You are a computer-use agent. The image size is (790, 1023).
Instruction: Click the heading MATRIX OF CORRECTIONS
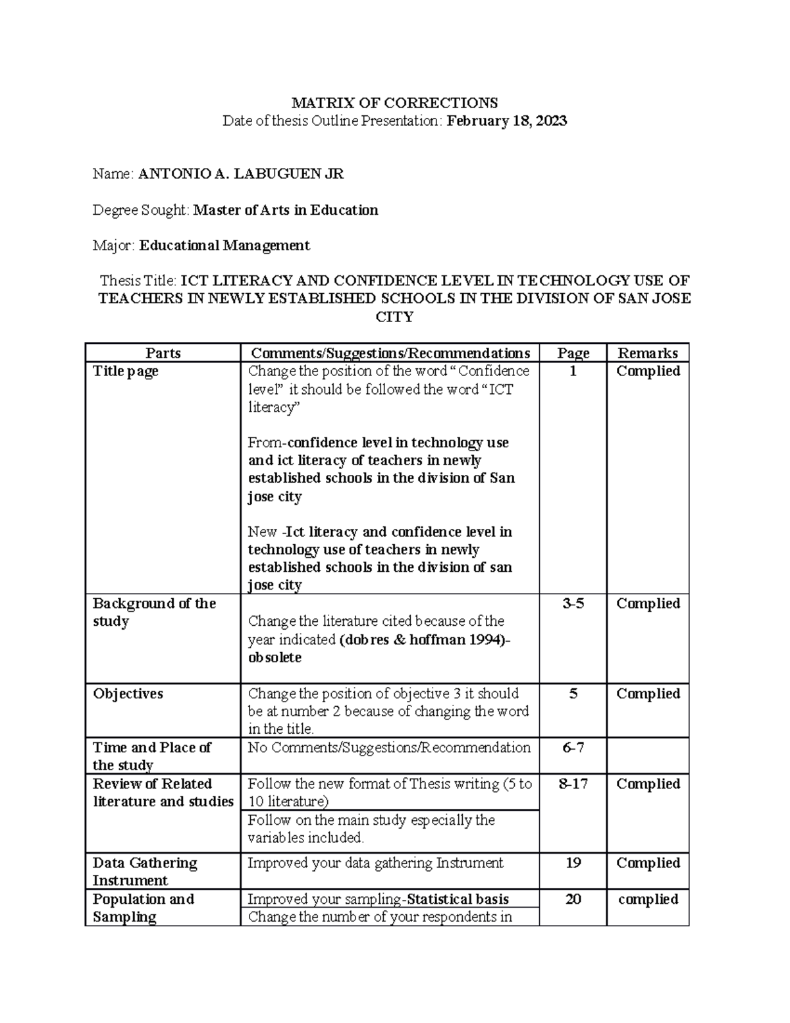[x=394, y=103]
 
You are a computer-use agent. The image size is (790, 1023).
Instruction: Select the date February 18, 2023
[x=507, y=121]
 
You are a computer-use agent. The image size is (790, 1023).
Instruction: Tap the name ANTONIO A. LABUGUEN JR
[x=241, y=174]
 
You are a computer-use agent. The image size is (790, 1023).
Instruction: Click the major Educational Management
[x=224, y=246]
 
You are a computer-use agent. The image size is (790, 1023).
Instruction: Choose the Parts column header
[x=163, y=353]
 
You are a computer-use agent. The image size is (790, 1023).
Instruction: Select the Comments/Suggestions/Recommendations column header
[x=390, y=353]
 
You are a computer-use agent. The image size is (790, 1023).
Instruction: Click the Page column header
[x=573, y=353]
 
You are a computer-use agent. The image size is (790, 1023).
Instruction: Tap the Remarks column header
[x=648, y=353]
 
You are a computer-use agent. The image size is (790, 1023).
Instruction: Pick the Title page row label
[x=126, y=372]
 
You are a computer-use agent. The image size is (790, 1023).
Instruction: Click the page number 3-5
[x=573, y=603]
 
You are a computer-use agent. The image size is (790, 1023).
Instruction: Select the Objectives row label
[x=128, y=694]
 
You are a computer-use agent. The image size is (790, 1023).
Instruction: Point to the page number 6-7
[x=573, y=748]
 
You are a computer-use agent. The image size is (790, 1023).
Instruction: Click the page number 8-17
[x=573, y=784]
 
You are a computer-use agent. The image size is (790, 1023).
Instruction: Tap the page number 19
[x=573, y=863]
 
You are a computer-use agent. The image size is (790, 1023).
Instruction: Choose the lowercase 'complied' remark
[x=648, y=899]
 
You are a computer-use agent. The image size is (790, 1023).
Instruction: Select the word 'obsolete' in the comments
[x=275, y=657]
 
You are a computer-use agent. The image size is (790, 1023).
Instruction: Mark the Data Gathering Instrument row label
[x=145, y=871]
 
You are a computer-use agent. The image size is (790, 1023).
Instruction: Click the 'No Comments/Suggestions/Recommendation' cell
[x=389, y=748]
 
